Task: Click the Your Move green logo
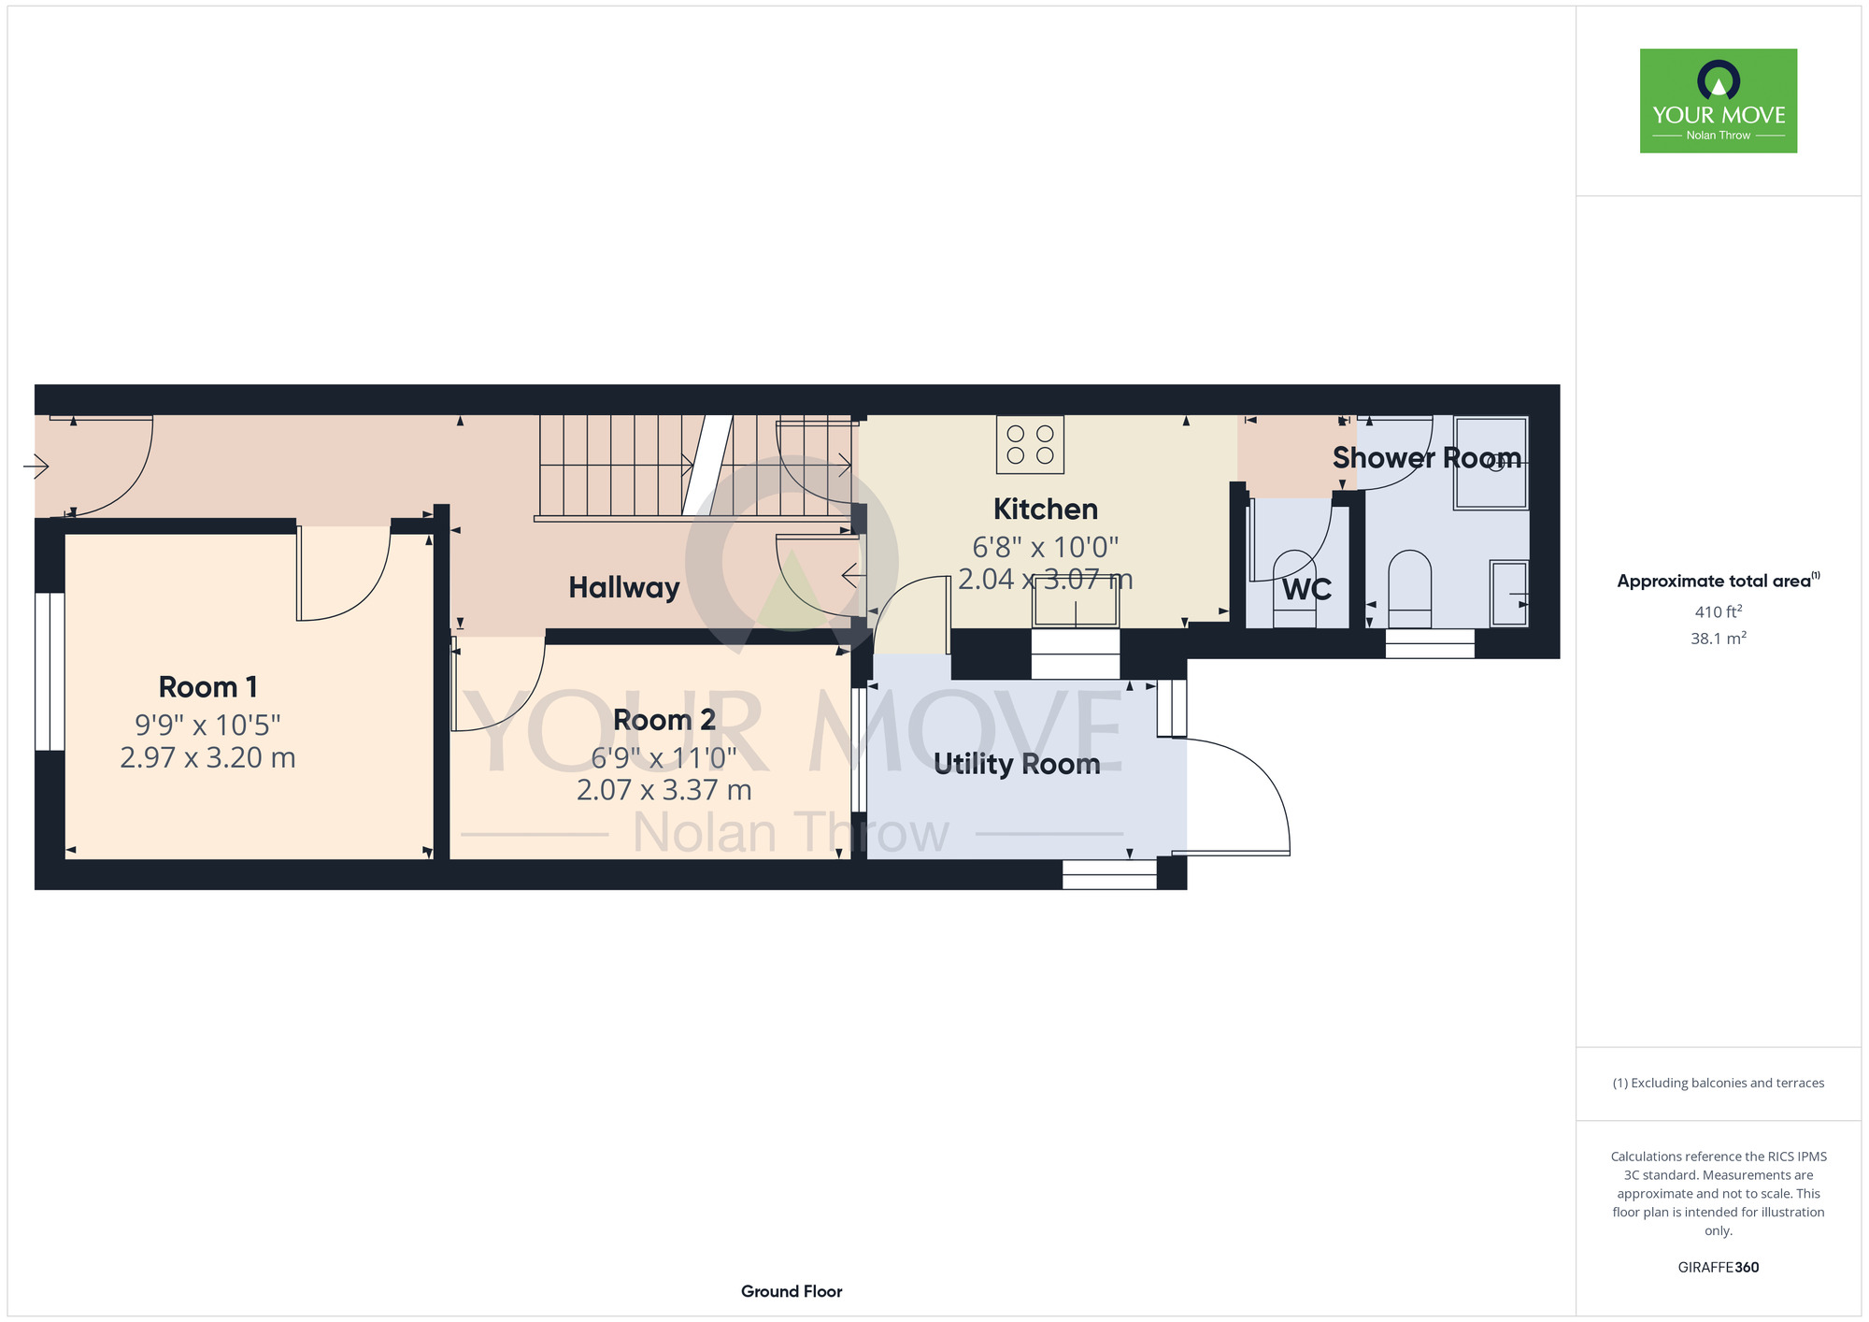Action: [1719, 101]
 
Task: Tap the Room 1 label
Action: [207, 687]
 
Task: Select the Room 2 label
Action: [664, 720]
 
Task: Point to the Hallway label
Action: [624, 587]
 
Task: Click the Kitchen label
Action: [1046, 509]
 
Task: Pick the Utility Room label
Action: [1017, 764]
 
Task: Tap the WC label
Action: [1306, 590]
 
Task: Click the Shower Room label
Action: [1427, 457]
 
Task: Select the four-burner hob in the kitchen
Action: [1030, 444]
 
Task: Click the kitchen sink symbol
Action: [1076, 603]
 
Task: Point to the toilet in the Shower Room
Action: [1409, 589]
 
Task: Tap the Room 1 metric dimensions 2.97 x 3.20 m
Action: [207, 757]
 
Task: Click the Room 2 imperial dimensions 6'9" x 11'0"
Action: [664, 756]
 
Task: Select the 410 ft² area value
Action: [1719, 611]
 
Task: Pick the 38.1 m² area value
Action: [1719, 639]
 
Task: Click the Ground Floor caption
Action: [792, 1291]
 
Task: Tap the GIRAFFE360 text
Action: [1719, 1268]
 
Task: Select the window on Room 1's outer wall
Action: [50, 671]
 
